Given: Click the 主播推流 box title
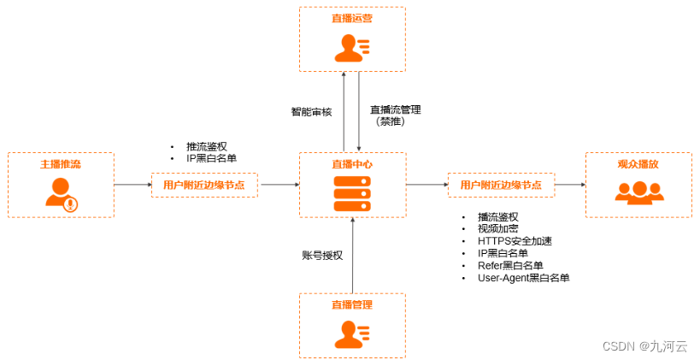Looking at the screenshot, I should pyautogui.click(x=60, y=163).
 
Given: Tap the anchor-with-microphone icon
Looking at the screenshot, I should pyautogui.click(x=62, y=194).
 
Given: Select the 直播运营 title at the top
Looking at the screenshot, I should pyautogui.click(x=351, y=17).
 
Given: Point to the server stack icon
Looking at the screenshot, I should pyautogui.click(x=351, y=194).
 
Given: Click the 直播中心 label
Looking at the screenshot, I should pyautogui.click(x=351, y=163).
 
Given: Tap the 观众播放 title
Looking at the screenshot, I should pyautogui.click(x=638, y=163).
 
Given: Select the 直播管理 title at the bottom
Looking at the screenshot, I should pyautogui.click(x=351, y=304).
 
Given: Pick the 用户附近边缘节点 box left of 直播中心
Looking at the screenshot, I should pyautogui.click(x=204, y=185).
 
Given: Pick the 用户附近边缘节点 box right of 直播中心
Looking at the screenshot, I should pyautogui.click(x=501, y=185).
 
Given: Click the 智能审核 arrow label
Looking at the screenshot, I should pyautogui.click(x=312, y=111).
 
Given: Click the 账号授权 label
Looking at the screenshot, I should pyautogui.click(x=322, y=255).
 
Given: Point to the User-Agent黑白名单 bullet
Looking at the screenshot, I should pyautogui.click(x=523, y=278).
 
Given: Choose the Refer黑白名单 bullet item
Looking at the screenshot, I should pyautogui.click(x=510, y=265).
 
